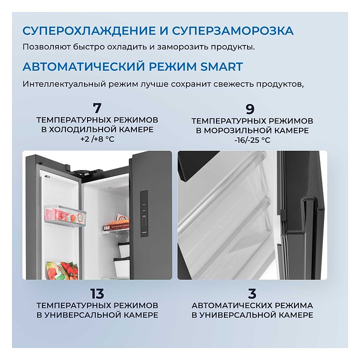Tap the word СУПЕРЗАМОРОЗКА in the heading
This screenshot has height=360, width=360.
tap(232, 31)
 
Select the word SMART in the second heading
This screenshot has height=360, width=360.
tap(221, 66)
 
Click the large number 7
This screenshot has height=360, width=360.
tap(97, 108)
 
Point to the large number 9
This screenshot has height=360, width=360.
tap(250, 109)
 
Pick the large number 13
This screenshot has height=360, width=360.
tap(97, 293)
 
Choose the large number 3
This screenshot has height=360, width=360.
tap(252, 293)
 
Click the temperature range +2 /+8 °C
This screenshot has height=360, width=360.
tap(97, 139)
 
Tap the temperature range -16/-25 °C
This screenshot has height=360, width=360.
tap(252, 140)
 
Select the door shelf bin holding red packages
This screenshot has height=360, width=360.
tap(64, 216)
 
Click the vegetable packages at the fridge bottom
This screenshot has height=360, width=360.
tap(62, 270)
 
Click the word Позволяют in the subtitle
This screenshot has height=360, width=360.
tap(46, 47)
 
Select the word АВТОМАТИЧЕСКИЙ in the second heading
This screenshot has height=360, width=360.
tap(84, 66)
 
